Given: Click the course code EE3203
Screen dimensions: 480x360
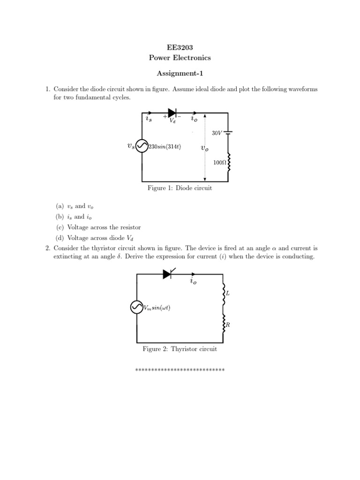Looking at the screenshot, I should coord(180,47).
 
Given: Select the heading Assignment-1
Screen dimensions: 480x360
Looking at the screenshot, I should coord(180,74).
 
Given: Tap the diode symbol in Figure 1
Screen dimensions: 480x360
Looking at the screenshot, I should coord(172,112).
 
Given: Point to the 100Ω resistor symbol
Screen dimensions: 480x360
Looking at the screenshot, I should coord(229,162).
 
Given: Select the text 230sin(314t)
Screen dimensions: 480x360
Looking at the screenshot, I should coord(165,147).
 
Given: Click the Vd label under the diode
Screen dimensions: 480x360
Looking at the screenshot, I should coord(172,120).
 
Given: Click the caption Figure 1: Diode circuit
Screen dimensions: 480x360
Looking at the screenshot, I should coord(180,188).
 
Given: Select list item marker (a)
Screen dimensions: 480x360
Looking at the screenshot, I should coord(60,206).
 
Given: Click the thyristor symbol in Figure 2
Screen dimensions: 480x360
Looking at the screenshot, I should coord(168,274).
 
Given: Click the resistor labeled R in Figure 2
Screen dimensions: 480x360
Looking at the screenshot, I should coord(224,324).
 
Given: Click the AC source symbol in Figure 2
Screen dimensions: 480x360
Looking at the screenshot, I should coord(137,307).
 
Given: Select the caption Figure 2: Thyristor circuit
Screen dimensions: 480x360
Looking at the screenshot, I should coord(180,349).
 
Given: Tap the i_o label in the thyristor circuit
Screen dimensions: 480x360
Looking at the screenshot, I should coord(193,281).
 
